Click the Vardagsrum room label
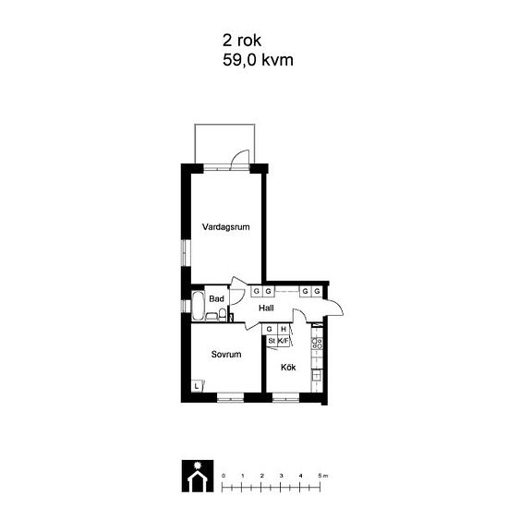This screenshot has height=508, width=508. coord(225,227)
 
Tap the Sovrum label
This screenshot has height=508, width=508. coord(226,355)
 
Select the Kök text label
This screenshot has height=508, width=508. coord(288,368)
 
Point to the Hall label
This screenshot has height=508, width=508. coord(266,308)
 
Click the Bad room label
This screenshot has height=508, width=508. coord(216,298)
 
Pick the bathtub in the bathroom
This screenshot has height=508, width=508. coord(198,306)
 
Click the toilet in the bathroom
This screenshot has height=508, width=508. coord(223,315)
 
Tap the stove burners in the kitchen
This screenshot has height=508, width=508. coord(317,343)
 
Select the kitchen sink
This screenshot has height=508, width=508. coord(317,375)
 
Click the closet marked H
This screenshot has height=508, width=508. coord(284,329)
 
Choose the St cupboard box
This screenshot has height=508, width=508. coord(272,341)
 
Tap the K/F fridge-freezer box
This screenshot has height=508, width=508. coord(284,341)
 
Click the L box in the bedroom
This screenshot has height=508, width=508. coord(197,386)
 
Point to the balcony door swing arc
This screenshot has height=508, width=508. coord(239,154)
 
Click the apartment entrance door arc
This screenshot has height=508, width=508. coord(337,306)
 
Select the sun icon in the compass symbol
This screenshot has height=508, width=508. coord(197,466)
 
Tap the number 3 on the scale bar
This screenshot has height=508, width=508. coord(281,476)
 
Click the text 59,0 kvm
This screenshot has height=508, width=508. coord(258,60)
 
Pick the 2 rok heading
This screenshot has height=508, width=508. coord(242,41)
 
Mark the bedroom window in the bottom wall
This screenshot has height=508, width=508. coord(230,397)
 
